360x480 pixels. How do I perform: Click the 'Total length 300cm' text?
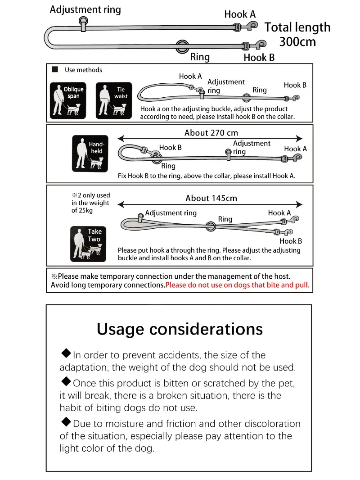(x=297, y=34)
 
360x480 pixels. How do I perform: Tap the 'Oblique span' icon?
(x=68, y=100)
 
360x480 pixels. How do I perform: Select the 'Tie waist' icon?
(x=114, y=100)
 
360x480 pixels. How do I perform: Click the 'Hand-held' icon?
(x=90, y=154)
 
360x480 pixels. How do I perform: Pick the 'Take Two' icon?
(x=88, y=244)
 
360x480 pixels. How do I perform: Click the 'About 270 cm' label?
(x=211, y=133)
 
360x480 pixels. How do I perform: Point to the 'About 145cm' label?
(x=211, y=199)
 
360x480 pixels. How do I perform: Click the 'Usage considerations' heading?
(x=180, y=329)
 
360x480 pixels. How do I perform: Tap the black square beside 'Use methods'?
(x=55, y=69)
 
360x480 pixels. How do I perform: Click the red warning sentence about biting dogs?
(x=237, y=285)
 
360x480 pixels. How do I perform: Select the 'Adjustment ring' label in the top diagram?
(x=85, y=9)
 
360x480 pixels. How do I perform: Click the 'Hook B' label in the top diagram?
(x=259, y=58)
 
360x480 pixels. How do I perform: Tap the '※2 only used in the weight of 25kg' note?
(x=90, y=203)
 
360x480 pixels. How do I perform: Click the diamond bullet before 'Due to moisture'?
(x=66, y=422)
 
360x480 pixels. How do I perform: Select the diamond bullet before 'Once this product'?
(x=66, y=381)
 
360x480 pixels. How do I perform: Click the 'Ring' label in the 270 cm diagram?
(x=168, y=166)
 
